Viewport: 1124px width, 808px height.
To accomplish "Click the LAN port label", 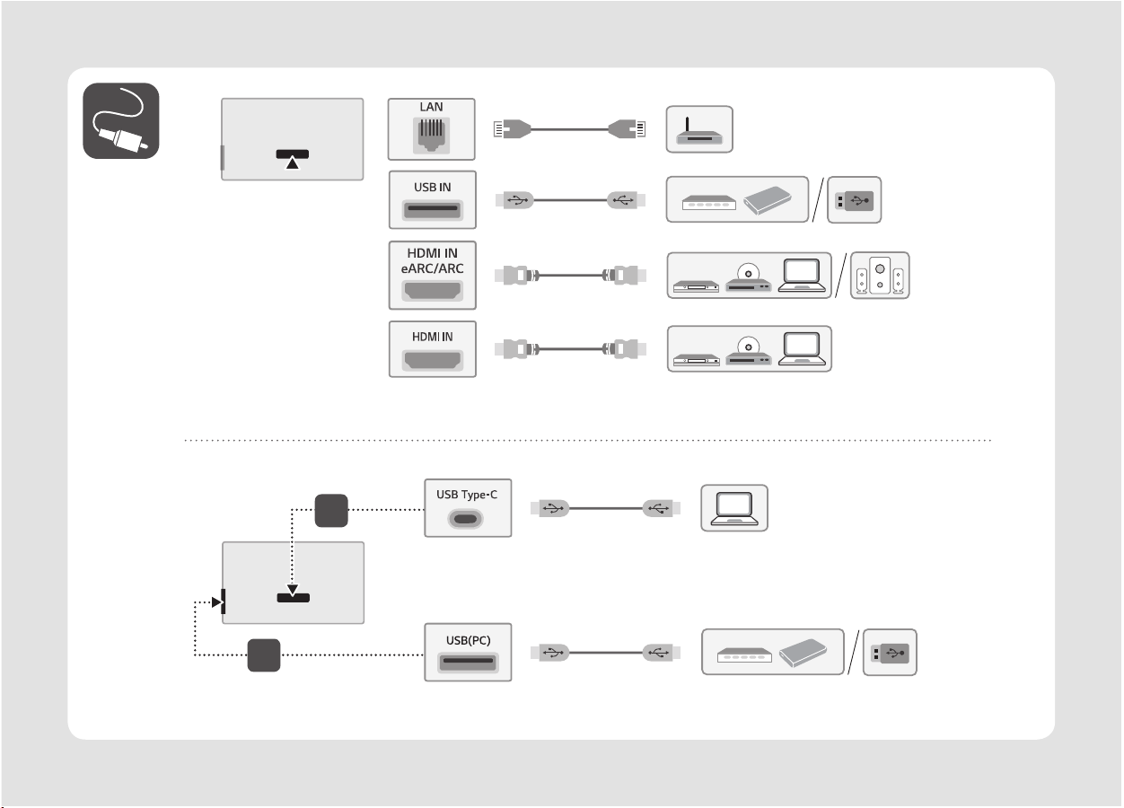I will pyautogui.click(x=432, y=107).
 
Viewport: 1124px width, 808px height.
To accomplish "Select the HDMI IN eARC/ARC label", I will pyautogui.click(x=432, y=260).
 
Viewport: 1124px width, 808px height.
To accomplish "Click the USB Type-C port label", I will pyautogui.click(x=468, y=494).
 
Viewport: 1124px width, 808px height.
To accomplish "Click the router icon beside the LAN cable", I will pyautogui.click(x=699, y=130).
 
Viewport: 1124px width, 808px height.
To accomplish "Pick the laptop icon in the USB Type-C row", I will pyautogui.click(x=733, y=508).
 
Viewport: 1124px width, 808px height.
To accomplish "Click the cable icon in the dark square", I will pyautogui.click(x=121, y=120).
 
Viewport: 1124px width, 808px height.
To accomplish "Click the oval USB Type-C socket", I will pyautogui.click(x=468, y=518).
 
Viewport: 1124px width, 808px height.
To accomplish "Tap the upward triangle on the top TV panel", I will pyautogui.click(x=292, y=162).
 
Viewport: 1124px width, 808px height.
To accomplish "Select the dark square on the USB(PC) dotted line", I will pyautogui.click(x=264, y=655).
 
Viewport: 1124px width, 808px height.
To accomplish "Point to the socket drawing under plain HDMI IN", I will pyautogui.click(x=432, y=361).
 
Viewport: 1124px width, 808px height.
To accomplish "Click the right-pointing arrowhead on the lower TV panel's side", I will pyautogui.click(x=215, y=602).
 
